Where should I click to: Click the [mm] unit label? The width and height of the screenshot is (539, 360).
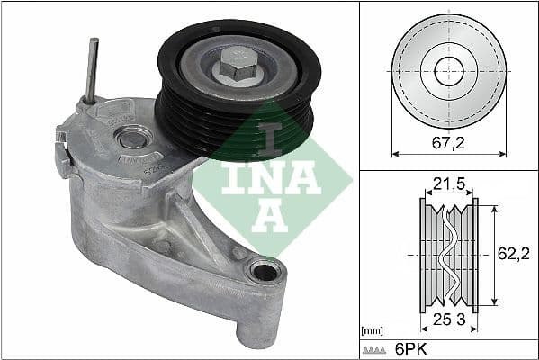pyautogui.click(x=370, y=330)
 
